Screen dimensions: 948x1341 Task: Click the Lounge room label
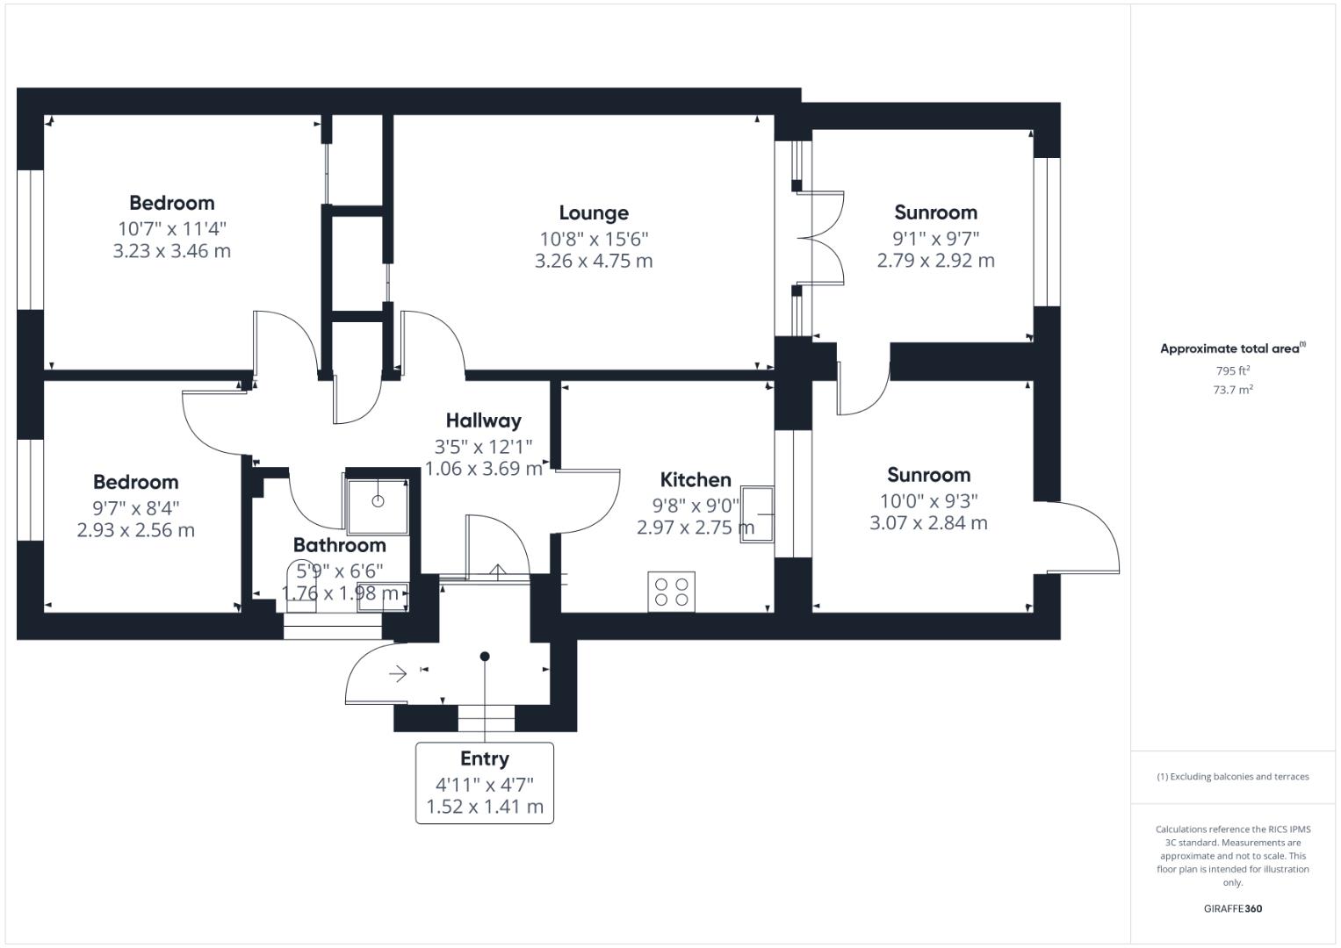594,213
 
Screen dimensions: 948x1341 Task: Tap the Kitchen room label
696,480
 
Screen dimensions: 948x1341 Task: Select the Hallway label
483,420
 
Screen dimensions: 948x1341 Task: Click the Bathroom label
339,545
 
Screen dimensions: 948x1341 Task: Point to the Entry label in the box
484,759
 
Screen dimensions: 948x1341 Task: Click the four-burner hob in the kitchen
672,591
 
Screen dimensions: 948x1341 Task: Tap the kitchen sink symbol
758,514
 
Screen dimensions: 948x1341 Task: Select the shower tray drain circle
378,501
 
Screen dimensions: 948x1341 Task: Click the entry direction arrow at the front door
398,674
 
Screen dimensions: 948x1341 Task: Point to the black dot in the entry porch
485,657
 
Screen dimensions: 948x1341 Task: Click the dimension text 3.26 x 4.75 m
594,261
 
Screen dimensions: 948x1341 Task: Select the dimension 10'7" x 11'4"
172,228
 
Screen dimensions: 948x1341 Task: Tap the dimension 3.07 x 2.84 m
928,523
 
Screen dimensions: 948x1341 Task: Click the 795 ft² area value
1232,370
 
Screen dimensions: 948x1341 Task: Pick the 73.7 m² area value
1232,390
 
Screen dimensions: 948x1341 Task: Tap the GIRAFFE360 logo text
1232,908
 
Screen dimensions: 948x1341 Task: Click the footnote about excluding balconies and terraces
1232,777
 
